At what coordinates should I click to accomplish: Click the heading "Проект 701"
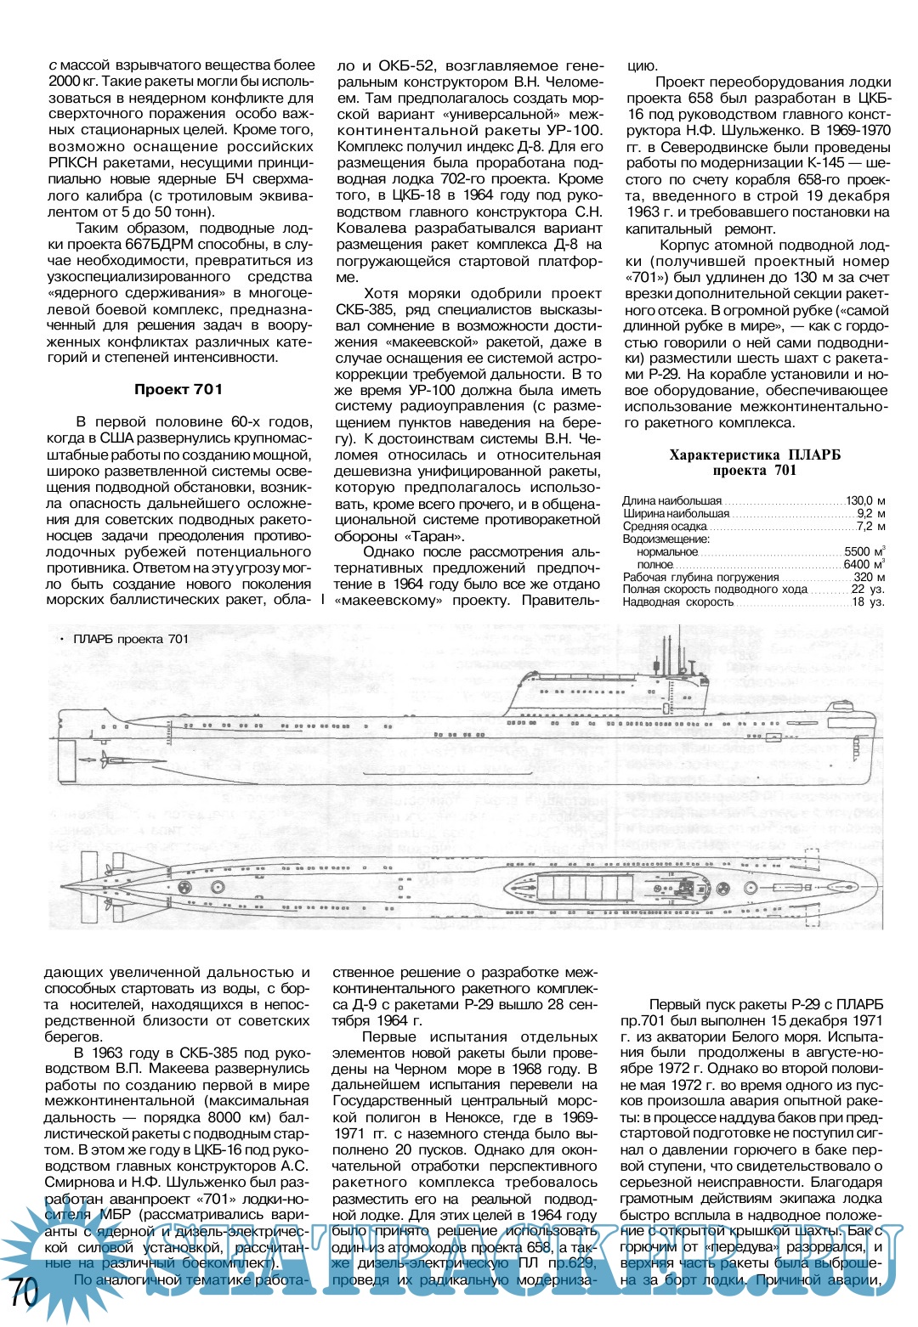click(x=178, y=389)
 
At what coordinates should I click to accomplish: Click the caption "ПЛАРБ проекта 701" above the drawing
click(x=131, y=639)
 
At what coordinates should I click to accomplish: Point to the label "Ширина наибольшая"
click(x=676, y=513)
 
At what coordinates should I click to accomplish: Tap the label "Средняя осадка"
click(x=665, y=526)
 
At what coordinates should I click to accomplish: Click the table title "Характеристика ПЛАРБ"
click(x=755, y=455)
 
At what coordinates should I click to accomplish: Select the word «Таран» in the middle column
click(x=436, y=536)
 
